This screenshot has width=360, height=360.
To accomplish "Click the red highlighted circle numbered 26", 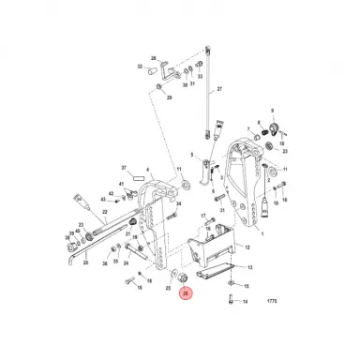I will point(186,293).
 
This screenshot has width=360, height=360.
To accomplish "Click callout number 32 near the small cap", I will point(141,67).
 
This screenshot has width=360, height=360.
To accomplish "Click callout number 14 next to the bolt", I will point(247,302).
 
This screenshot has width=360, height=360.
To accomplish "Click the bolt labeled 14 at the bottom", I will point(228,300).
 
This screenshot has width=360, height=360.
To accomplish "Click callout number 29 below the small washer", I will point(169,97).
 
